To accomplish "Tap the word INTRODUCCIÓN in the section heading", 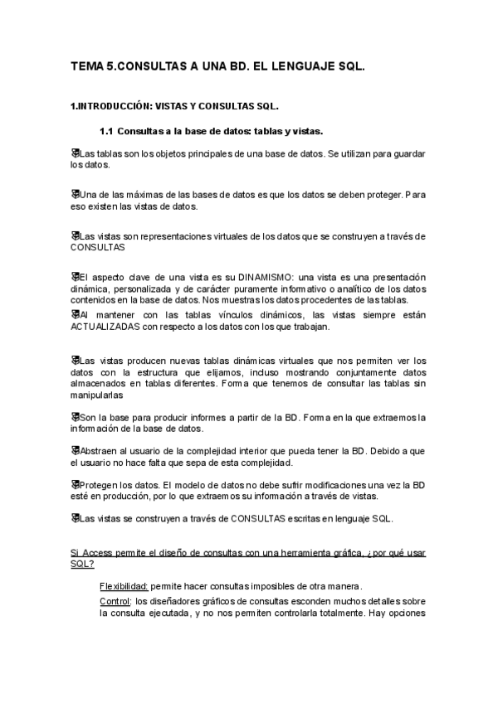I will tap(114, 107).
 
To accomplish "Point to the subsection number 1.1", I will tap(106, 130).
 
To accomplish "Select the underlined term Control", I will tap(115, 601).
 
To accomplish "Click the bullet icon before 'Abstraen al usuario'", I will tap(75, 449).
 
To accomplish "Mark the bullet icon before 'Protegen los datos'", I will tap(75, 483).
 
